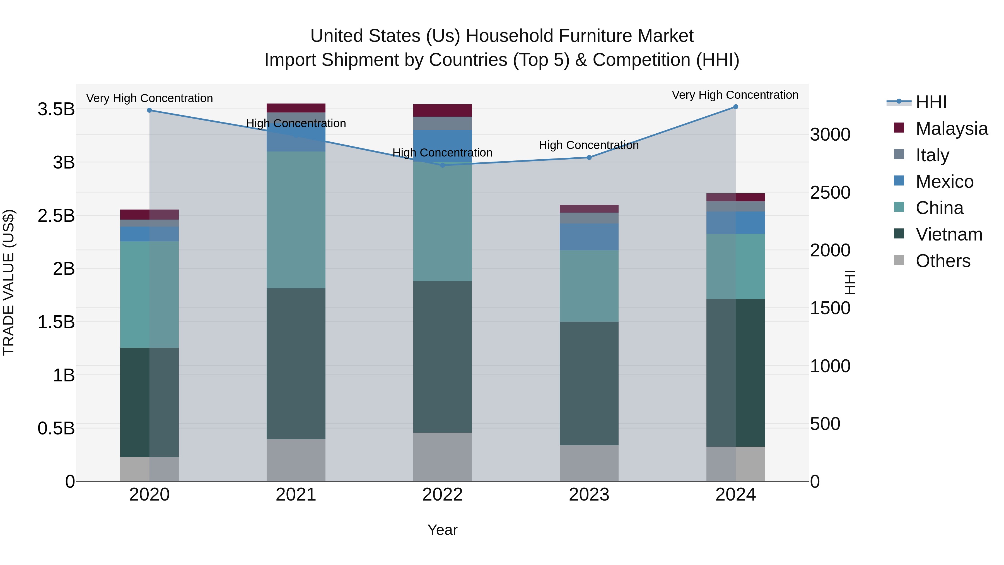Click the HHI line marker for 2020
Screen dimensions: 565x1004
(x=149, y=110)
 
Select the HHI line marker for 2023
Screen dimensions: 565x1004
(x=589, y=158)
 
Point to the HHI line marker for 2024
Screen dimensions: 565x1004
(x=735, y=107)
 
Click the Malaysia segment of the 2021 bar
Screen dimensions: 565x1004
(x=296, y=108)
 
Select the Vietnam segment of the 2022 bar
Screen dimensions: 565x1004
(x=442, y=357)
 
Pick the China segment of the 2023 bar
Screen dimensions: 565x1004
(x=589, y=286)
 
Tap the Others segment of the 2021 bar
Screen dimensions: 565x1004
(x=296, y=460)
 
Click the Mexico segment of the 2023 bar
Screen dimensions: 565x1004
(x=589, y=237)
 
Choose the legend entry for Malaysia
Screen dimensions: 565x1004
(x=951, y=129)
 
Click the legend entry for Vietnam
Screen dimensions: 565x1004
(x=949, y=234)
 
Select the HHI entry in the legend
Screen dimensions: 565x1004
(x=931, y=102)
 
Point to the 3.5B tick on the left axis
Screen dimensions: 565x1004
(x=56, y=109)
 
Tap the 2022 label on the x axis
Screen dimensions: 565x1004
(x=442, y=495)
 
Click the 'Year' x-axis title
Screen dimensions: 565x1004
(x=442, y=530)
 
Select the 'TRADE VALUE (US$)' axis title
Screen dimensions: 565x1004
(x=9, y=282)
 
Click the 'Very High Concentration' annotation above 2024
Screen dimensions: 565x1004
(x=735, y=95)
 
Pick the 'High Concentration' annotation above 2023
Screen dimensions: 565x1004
(x=588, y=145)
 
